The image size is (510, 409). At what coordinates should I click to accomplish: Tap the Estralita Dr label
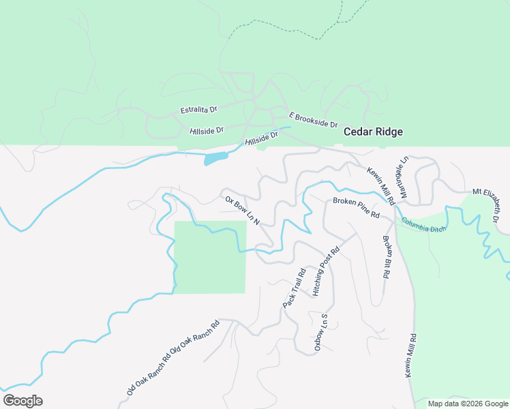pos(198,109)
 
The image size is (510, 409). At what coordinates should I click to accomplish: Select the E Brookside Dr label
pos(314,121)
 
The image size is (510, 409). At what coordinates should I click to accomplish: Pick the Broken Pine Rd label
pos(356,207)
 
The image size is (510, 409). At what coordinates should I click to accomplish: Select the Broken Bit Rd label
pos(386,256)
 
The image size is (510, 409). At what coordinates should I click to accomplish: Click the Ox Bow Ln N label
pos(243,211)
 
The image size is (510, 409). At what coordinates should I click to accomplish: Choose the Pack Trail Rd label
pos(292,288)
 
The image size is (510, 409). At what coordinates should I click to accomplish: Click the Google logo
pos(22,401)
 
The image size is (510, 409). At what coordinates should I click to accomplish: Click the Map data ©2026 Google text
pos(468,404)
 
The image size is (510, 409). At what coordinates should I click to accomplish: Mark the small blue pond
pos(215,159)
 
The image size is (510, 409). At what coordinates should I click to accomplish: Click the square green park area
pos(210,258)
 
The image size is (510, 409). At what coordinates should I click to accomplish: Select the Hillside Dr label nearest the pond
pos(262,139)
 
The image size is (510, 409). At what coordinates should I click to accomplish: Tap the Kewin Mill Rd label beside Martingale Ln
pos(381,186)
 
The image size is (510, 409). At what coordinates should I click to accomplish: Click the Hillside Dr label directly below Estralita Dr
pos(207,130)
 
